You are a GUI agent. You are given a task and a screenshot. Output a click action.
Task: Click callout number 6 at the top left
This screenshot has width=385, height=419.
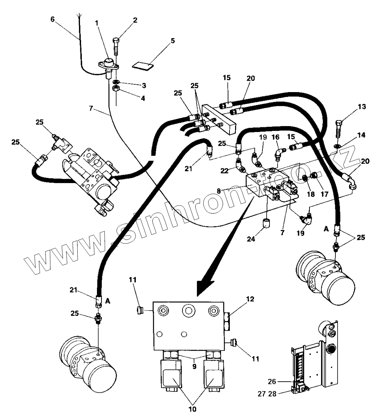[x=53, y=19]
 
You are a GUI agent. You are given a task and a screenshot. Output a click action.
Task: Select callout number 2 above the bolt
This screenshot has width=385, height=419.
[x=135, y=20]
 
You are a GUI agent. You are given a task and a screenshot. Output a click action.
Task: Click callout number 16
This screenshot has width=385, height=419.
[x=276, y=137]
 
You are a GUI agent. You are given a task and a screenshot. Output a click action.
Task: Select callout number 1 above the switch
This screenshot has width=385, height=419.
[x=97, y=23]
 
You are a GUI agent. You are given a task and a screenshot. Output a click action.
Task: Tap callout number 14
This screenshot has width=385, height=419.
[x=361, y=135]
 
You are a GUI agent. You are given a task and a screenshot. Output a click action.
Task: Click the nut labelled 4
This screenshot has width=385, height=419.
[x=116, y=89]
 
